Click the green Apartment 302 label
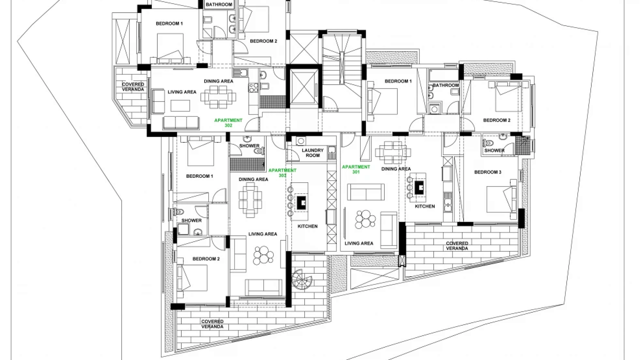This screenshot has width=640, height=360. pos(228,123)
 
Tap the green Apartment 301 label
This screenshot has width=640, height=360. pos(356,169)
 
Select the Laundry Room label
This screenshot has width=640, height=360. pos(313,153)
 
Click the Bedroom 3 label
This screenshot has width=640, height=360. pos(488,172)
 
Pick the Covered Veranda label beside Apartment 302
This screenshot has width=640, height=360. pos(133,87)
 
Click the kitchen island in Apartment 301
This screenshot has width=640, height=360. pos(419,189)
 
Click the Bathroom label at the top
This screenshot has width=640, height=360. pos(219,5)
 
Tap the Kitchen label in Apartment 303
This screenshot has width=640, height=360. pos(307,226)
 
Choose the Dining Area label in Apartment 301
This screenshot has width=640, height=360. pos(396,169)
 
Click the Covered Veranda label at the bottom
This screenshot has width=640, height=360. pos(212,324)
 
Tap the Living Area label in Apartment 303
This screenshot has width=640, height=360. pos(263,234)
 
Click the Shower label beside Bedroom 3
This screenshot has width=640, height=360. pos(494,150)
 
